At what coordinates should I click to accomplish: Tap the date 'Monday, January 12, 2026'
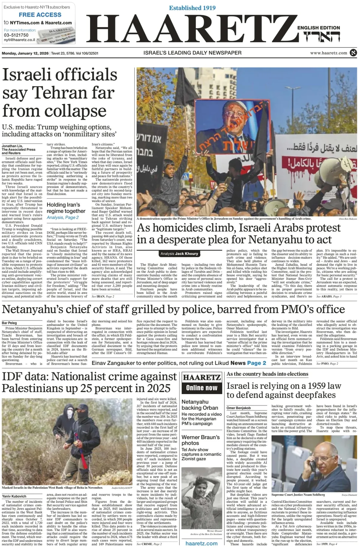point(25,53)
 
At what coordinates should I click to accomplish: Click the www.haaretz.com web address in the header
point(328,53)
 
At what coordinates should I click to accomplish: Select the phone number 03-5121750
point(16,35)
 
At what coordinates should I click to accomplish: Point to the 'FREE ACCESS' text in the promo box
point(40,15)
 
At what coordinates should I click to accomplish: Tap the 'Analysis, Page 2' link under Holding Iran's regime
point(63,217)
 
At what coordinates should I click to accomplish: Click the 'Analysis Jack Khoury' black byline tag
point(179,253)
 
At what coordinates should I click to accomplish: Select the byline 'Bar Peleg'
point(9,323)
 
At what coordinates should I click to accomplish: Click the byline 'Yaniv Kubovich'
point(14,496)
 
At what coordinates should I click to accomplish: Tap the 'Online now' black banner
point(202,388)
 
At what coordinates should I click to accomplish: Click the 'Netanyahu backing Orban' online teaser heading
point(199,405)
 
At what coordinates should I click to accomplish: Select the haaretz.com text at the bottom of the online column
point(202,544)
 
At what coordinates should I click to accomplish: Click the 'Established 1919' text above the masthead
point(192,8)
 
